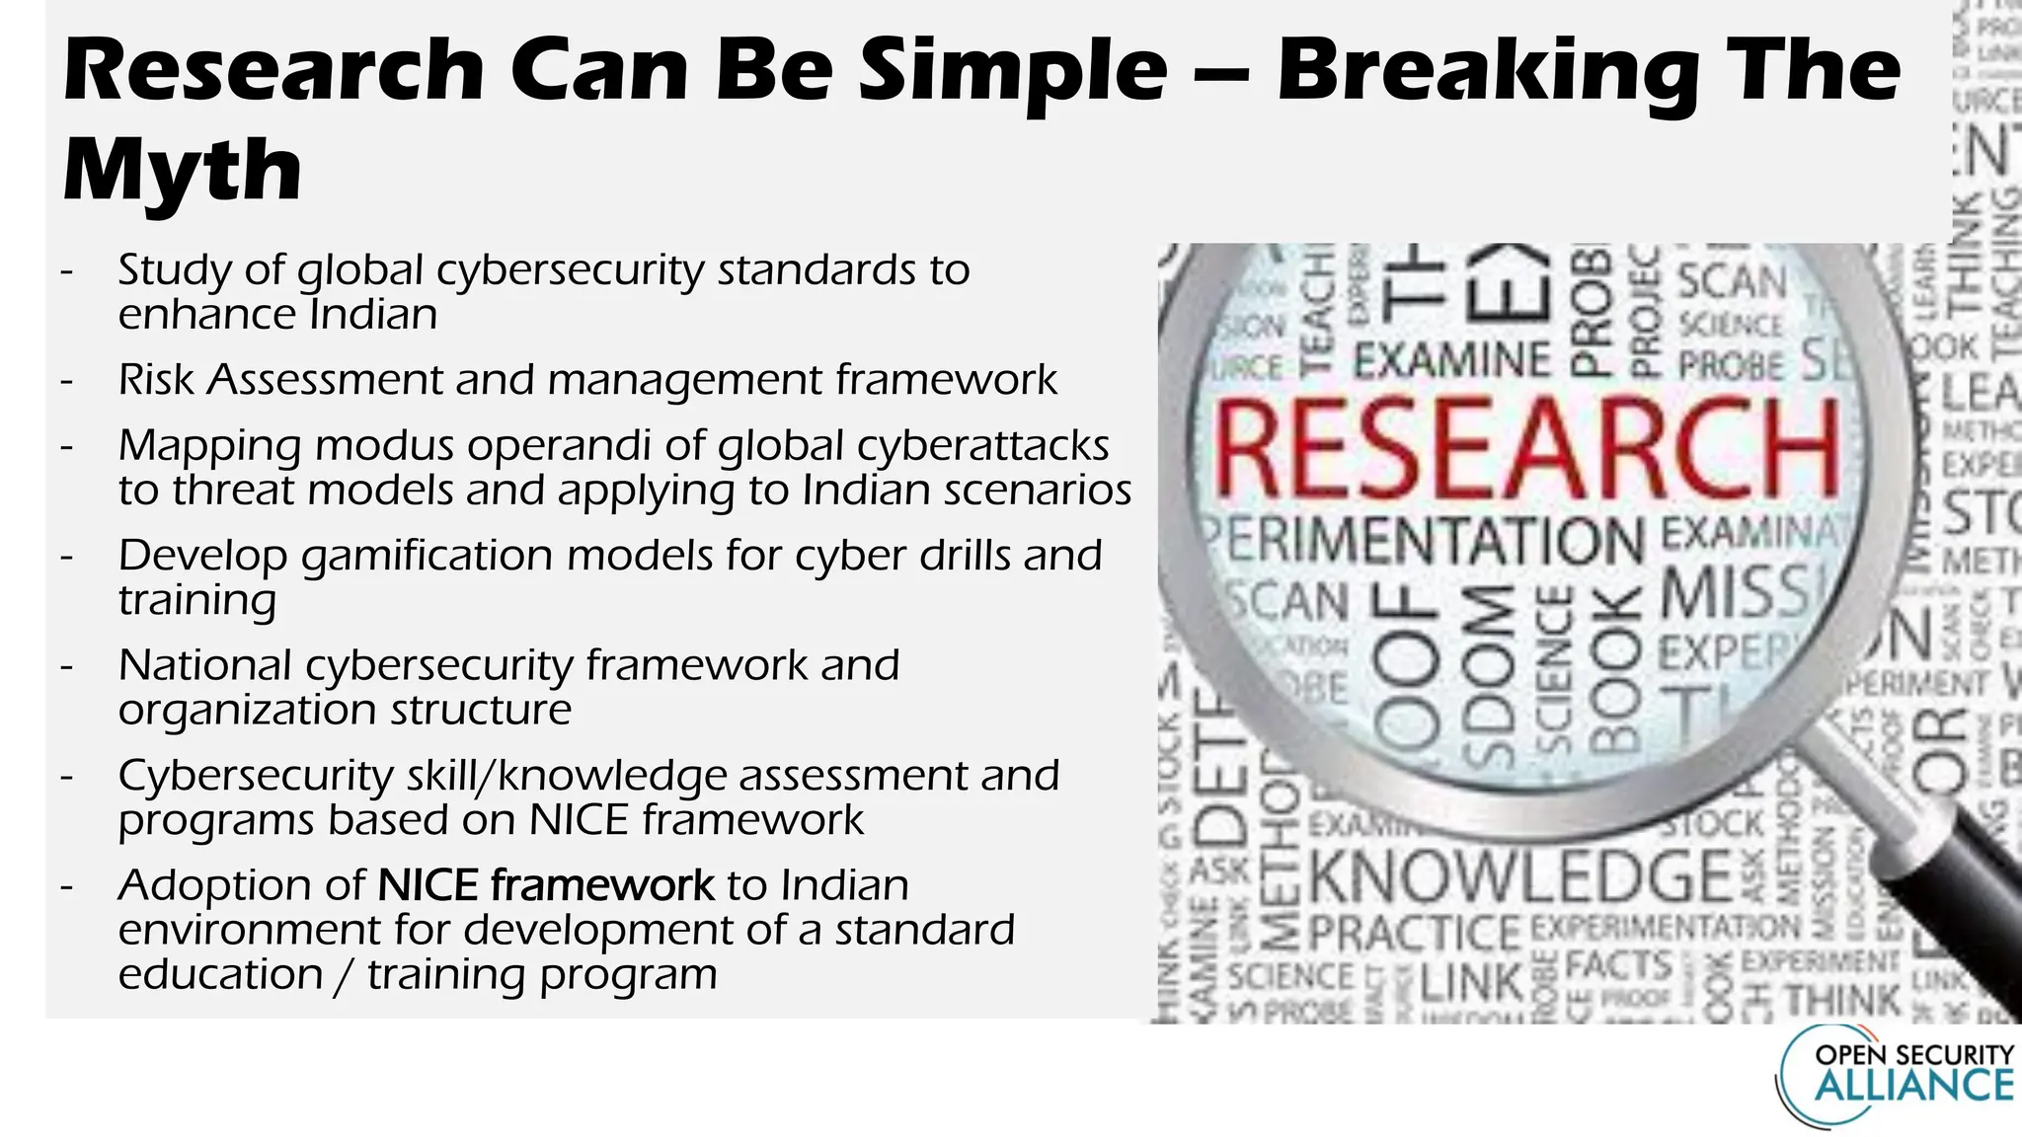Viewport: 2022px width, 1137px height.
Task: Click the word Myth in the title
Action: pyautogui.click(x=182, y=170)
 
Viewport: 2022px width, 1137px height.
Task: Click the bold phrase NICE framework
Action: pyautogui.click(x=545, y=885)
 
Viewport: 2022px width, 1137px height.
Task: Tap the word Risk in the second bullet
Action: pyautogui.click(x=157, y=380)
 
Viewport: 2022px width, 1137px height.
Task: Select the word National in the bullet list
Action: pyautogui.click(x=204, y=665)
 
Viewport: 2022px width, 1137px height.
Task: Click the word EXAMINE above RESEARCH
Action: pyautogui.click(x=1452, y=360)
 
